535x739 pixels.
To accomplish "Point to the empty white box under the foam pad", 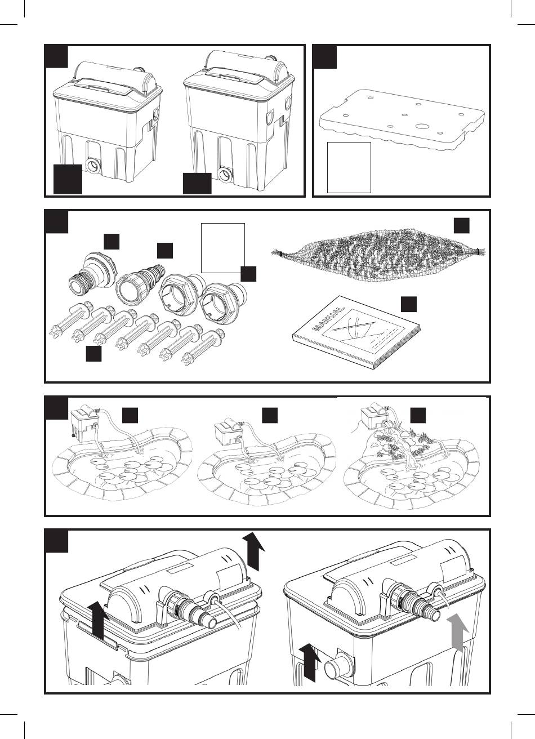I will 349,167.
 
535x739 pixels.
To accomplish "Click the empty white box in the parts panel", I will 222,248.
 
